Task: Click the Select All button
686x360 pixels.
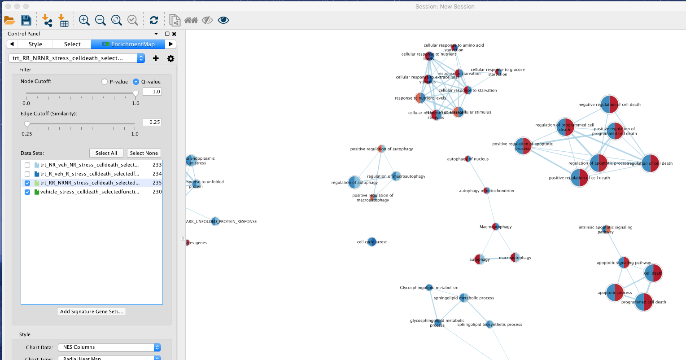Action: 106,153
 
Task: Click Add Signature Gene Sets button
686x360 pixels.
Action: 92,312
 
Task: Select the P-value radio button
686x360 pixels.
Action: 105,82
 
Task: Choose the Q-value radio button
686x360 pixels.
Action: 136,82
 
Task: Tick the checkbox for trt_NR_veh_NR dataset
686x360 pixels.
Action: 27,165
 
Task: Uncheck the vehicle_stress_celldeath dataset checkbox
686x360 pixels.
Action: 27,192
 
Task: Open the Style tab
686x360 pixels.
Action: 35,44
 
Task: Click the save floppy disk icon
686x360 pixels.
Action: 26,20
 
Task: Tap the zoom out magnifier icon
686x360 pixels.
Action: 100,20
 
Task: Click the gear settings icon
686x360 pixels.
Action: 170,58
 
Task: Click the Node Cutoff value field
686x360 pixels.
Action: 152,92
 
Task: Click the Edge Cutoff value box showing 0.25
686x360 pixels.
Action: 152,122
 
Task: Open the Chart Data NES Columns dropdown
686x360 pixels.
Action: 109,347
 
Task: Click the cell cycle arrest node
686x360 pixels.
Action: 371,242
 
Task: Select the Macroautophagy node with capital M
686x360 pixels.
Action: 495,227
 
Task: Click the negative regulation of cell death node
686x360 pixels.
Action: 609,105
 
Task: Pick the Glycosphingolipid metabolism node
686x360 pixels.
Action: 429,287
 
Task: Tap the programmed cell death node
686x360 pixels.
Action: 643,302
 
